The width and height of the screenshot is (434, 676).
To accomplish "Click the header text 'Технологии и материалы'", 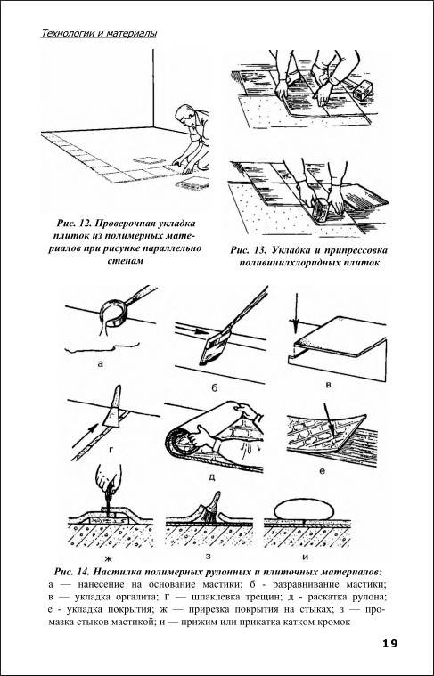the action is [x=99, y=33].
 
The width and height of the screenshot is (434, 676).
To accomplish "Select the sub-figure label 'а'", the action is [x=101, y=364].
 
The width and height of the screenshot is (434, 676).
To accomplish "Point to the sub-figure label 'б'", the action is [x=215, y=387].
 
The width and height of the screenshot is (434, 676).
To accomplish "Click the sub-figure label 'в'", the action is [x=329, y=384].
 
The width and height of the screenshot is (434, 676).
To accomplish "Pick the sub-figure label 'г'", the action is [x=111, y=450].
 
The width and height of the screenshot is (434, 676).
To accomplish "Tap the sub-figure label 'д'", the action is [x=211, y=478].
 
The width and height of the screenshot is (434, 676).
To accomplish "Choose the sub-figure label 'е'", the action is [x=322, y=471].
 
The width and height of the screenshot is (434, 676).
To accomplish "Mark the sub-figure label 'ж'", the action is [x=109, y=559].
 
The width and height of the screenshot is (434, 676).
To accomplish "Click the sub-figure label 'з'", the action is [x=209, y=556].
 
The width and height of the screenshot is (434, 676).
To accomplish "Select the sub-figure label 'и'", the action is [x=306, y=557].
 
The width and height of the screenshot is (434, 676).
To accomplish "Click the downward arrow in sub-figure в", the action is [x=296, y=313].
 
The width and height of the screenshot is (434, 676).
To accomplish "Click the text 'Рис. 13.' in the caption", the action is [x=247, y=250].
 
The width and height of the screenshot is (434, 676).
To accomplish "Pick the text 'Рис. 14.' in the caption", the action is [x=72, y=573].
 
